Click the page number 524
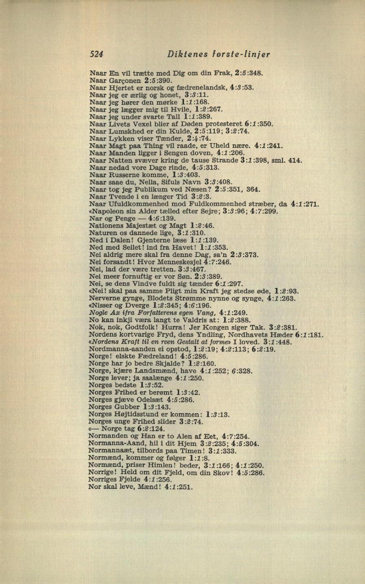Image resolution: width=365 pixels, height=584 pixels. click(97, 54)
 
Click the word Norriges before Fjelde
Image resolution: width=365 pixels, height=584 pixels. click(103, 479)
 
